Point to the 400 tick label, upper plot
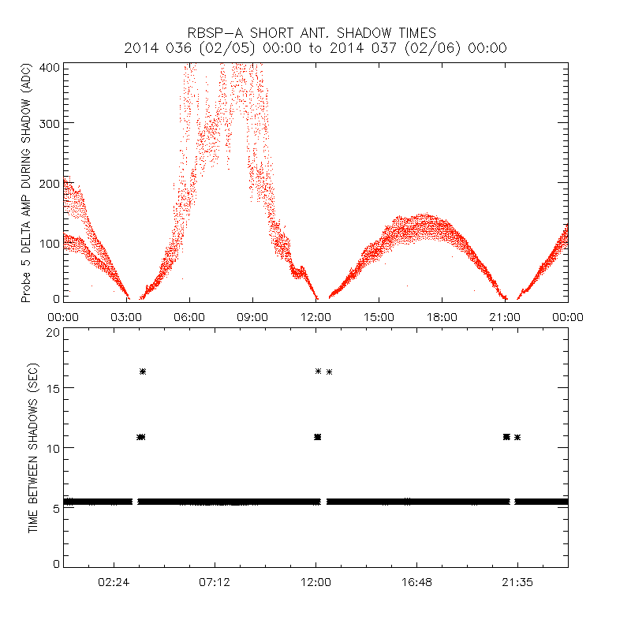click(x=50, y=67)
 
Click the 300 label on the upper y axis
click(x=50, y=123)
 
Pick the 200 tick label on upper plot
click(x=50, y=183)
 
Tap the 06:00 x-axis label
click(x=189, y=316)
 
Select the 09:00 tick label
click(x=252, y=316)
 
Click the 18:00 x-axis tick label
click(x=442, y=316)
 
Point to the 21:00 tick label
click(x=505, y=316)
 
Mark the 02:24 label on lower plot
click(x=114, y=582)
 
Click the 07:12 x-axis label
click(x=215, y=582)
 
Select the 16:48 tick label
click(x=416, y=582)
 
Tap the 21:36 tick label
click(x=517, y=582)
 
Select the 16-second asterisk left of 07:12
click(x=143, y=372)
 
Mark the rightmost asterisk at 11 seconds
click(x=517, y=437)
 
